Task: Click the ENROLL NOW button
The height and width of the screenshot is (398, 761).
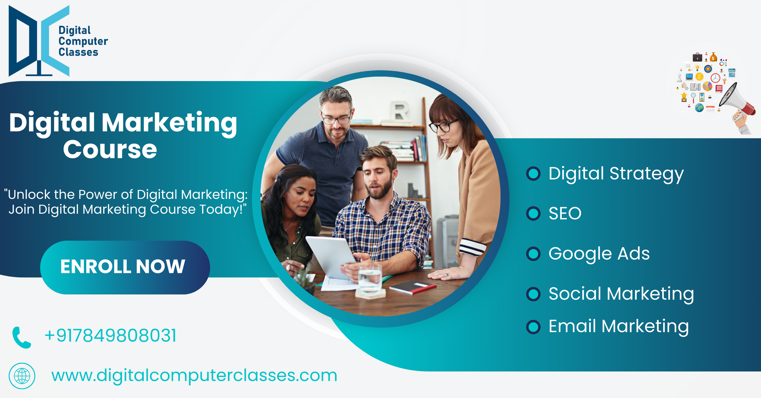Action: tap(125, 267)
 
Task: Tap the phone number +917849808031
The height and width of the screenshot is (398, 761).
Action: tap(110, 336)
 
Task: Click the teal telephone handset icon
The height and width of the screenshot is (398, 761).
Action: tap(21, 338)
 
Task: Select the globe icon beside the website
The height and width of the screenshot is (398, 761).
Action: tap(22, 376)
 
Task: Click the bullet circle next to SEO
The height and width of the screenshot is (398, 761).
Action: tap(534, 213)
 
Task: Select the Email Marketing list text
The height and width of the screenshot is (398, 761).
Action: tap(619, 327)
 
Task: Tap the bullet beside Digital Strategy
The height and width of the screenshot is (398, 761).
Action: tap(534, 173)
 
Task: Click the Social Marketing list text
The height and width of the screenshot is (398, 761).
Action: tap(621, 294)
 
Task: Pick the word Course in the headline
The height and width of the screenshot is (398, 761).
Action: tap(110, 149)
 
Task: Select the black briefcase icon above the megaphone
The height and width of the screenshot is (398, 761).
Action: tap(697, 57)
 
